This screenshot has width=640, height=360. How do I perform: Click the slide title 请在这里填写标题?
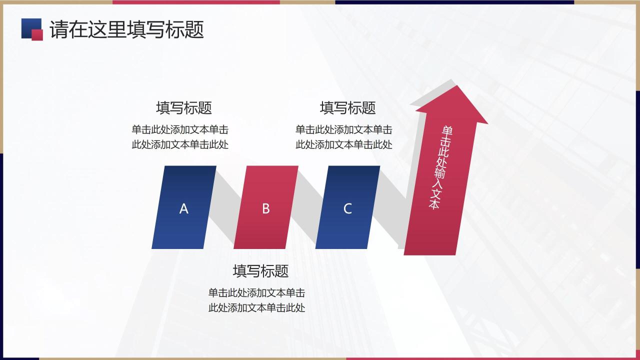(x=126, y=29)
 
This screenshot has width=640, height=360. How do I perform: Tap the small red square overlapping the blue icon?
(x=37, y=34)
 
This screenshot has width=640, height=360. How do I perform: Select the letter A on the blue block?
(x=184, y=209)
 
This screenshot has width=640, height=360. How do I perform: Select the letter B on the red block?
(x=266, y=209)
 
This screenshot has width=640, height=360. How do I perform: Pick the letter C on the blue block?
(x=347, y=209)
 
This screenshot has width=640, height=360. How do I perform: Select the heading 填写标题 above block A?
(x=184, y=107)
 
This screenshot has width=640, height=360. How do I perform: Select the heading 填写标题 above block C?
(x=347, y=107)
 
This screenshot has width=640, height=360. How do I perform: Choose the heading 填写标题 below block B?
(x=260, y=271)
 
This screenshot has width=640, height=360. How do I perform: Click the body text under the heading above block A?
(x=180, y=137)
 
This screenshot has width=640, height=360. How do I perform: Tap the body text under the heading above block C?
(x=343, y=137)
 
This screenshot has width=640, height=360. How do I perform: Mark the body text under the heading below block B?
(x=256, y=300)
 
